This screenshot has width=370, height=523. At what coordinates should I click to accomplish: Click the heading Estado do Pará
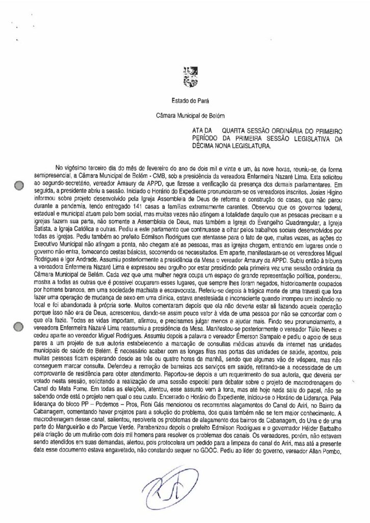click(x=185, y=104)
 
